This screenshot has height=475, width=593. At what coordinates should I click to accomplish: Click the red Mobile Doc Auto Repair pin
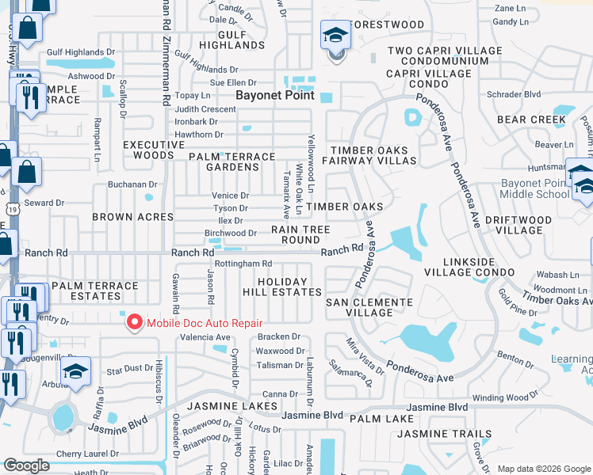click(x=135, y=323)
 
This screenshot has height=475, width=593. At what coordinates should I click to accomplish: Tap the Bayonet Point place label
click(x=275, y=95)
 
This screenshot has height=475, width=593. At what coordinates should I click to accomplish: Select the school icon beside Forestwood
click(x=335, y=36)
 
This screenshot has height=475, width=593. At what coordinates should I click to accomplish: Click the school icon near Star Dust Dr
click(x=76, y=370)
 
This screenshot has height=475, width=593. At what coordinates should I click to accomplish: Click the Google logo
click(x=26, y=465)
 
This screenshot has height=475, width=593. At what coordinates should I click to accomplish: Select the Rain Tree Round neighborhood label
click(x=300, y=234)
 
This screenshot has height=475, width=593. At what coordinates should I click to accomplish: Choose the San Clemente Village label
click(x=370, y=307)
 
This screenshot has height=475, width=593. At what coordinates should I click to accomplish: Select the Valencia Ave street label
click(x=205, y=336)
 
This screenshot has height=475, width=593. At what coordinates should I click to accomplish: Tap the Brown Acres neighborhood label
click(x=133, y=216)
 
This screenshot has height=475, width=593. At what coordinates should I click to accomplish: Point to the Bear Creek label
click(x=531, y=120)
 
